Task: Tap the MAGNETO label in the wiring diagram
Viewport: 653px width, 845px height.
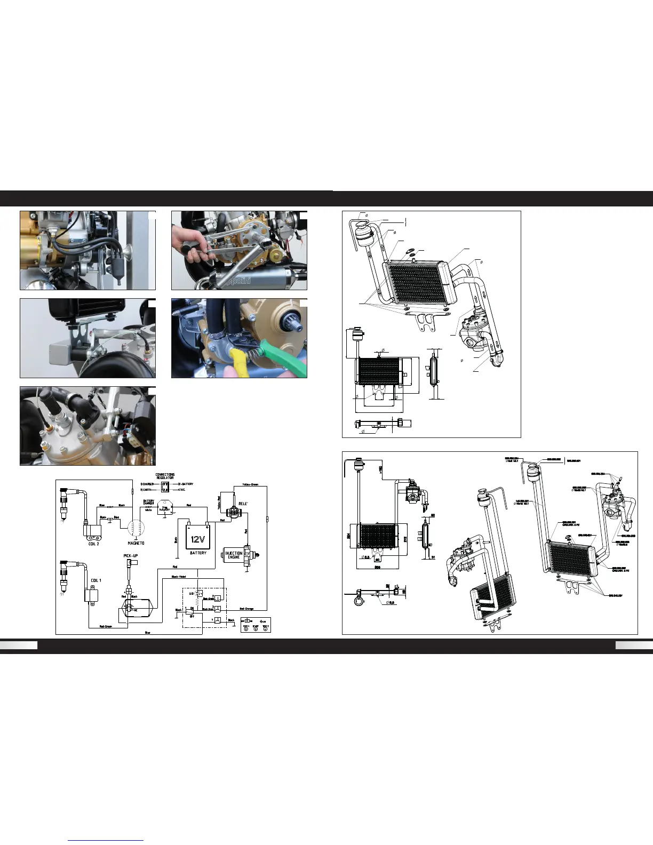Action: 136,543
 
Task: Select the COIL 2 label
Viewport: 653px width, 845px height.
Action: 94,544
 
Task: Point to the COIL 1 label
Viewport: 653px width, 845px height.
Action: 96,580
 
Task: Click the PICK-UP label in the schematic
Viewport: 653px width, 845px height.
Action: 131,556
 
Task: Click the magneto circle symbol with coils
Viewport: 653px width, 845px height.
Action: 136,528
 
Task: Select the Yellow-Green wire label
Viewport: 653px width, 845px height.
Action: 250,484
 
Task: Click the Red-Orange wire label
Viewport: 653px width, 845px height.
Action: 246,609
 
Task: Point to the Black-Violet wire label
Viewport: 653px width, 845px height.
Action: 179,577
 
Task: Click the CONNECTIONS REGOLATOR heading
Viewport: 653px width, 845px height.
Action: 165,476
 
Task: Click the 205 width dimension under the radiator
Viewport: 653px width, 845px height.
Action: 377,567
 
